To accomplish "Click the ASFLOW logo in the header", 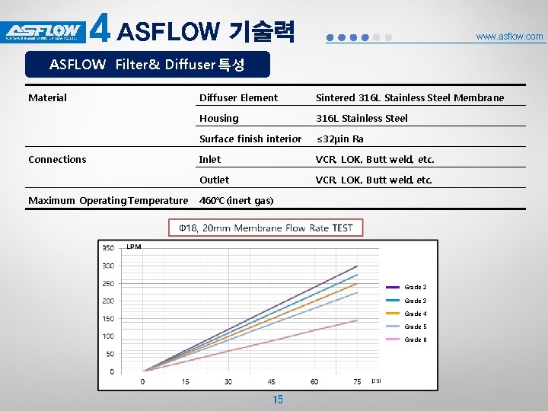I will tap(43, 32).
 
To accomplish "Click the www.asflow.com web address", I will tap(509, 37).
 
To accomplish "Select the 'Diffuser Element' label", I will tap(238, 97).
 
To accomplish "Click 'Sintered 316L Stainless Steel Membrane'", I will tap(409, 97).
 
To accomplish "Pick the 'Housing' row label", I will tap(218, 118).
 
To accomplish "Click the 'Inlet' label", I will tap(209, 159).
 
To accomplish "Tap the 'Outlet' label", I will tap(214, 180).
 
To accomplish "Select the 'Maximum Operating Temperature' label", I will tap(107, 200).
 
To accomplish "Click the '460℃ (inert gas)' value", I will tap(236, 200).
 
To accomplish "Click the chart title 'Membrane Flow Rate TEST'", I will tap(266, 228).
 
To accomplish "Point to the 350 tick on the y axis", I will tap(108, 248).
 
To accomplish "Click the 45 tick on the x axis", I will tap(271, 381).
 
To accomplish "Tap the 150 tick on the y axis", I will tap(108, 319).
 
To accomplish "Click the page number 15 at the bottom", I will tap(277, 400).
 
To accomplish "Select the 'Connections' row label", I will tap(57, 159).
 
